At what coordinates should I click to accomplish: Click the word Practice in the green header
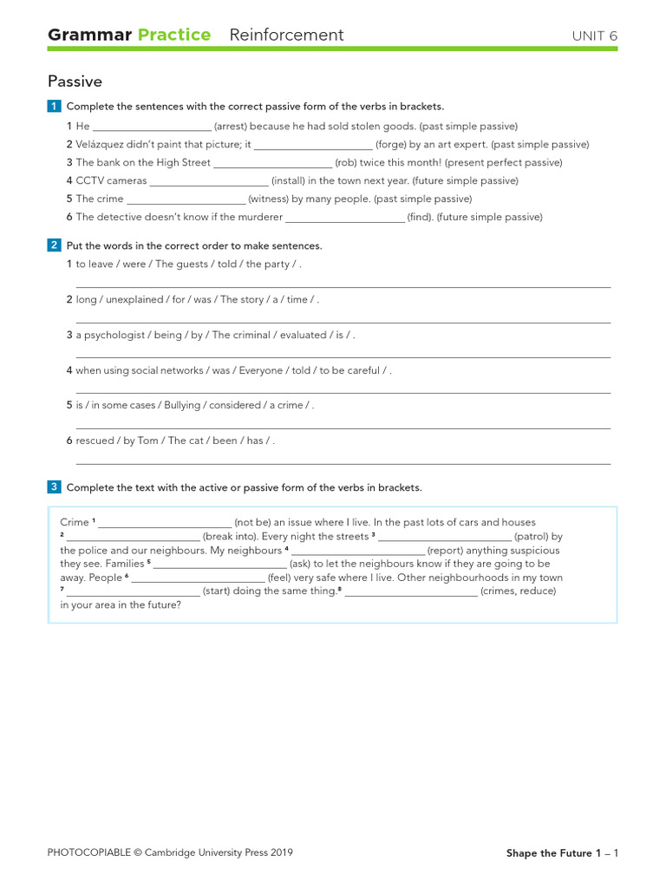click(173, 35)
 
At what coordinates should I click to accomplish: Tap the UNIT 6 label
click(594, 36)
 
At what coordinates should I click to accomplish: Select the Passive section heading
click(75, 82)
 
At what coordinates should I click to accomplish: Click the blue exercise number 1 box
click(55, 106)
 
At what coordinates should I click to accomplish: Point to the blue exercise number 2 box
click(55, 245)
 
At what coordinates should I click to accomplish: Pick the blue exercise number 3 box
click(55, 487)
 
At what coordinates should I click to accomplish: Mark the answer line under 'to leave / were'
click(343, 286)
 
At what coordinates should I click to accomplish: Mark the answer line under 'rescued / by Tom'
click(343, 463)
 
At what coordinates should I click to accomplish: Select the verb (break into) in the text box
click(230, 537)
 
